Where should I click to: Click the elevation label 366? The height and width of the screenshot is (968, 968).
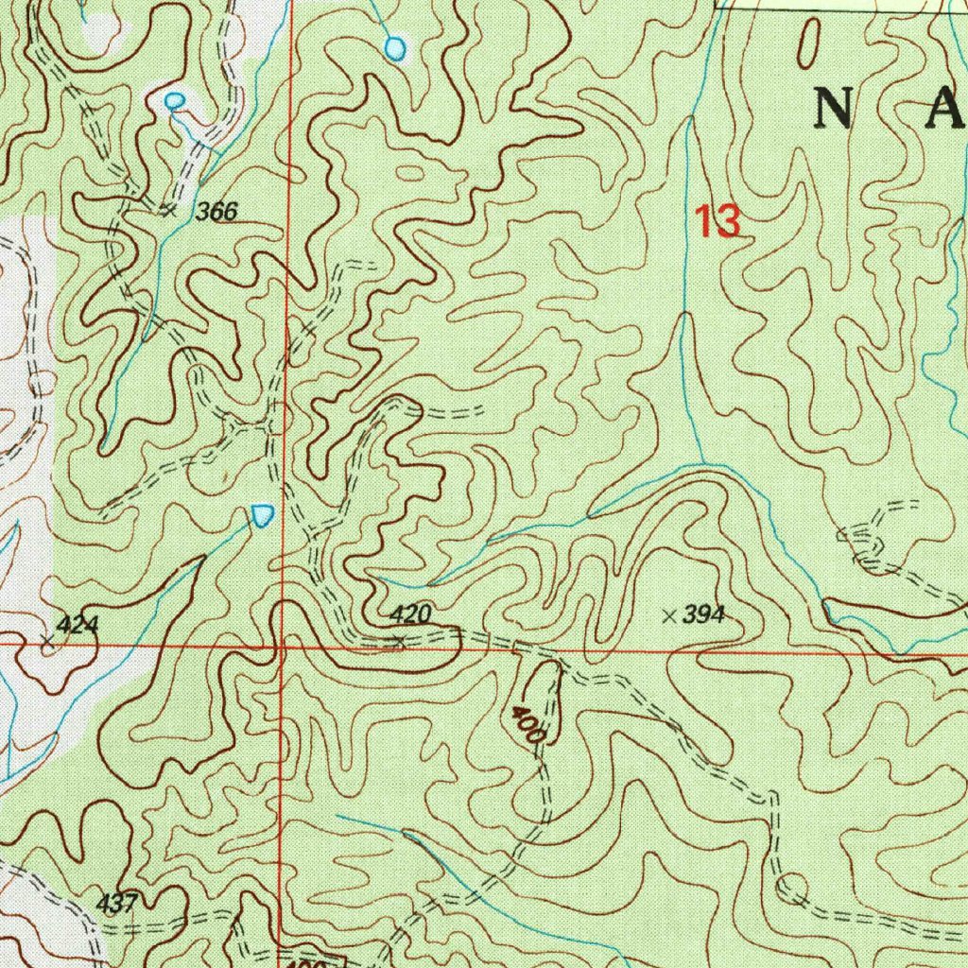tap(216, 213)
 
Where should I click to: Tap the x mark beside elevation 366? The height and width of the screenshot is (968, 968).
tap(169, 211)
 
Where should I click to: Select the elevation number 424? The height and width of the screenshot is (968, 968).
tap(77, 625)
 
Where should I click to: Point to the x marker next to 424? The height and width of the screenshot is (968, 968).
tap(48, 642)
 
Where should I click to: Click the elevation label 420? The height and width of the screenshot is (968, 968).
tap(410, 615)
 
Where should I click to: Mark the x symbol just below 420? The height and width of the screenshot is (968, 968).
tap(401, 642)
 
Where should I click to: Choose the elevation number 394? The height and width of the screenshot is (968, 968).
tap(703, 616)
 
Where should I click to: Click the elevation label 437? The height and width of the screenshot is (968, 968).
tap(117, 904)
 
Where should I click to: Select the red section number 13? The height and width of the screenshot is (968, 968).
tap(717, 222)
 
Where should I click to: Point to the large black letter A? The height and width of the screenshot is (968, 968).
tap(943, 110)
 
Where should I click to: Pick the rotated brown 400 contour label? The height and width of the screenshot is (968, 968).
tap(529, 724)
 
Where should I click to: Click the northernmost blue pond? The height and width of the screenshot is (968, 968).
tap(396, 46)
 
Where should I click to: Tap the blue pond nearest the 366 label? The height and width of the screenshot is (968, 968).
tap(174, 100)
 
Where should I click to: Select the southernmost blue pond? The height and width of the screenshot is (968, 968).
tap(263, 514)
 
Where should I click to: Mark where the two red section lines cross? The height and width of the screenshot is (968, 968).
tap(282, 646)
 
